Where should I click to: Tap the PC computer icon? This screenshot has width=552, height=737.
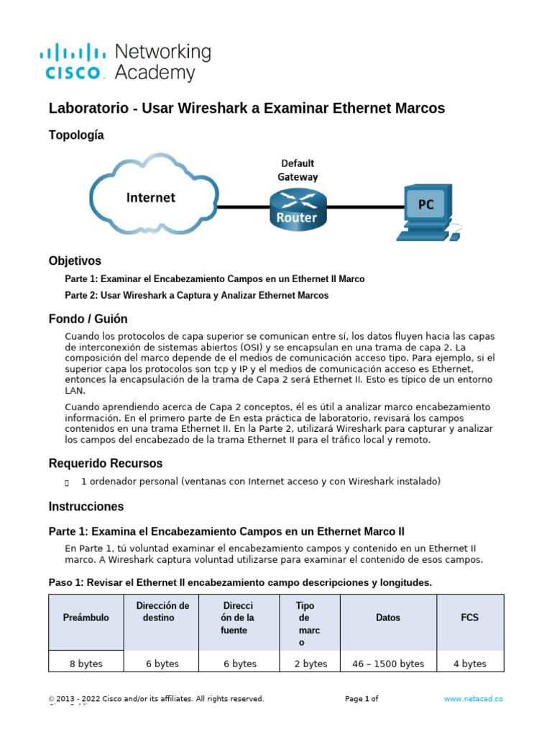click(x=426, y=212)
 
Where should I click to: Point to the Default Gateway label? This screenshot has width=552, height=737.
click(x=298, y=170)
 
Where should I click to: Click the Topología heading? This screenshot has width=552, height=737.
click(x=76, y=135)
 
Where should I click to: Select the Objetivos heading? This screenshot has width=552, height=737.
click(x=75, y=261)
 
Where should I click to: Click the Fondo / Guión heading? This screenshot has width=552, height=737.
click(x=88, y=319)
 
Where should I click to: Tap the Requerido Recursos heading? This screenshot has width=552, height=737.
click(x=106, y=463)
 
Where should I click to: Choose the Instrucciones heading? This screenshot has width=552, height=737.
click(x=86, y=506)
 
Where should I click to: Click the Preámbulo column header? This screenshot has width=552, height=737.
click(x=86, y=618)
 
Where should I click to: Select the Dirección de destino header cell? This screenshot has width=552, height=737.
click(x=162, y=612)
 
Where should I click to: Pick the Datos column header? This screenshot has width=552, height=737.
click(x=388, y=618)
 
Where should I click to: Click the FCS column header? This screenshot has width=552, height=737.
click(x=470, y=618)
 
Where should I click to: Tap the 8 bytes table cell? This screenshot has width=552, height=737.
click(x=86, y=664)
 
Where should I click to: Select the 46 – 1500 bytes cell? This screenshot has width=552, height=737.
click(x=388, y=664)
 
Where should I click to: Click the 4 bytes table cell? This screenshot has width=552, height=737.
click(x=470, y=664)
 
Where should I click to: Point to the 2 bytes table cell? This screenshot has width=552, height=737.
click(x=310, y=664)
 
